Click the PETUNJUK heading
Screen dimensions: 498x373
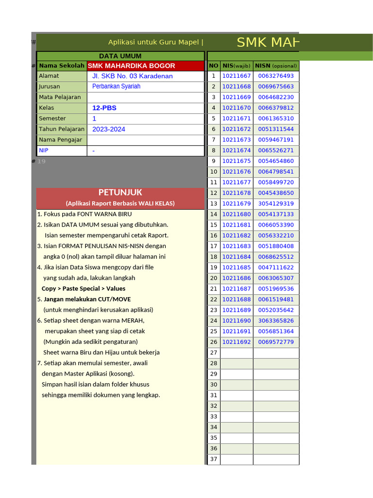pos(120,193)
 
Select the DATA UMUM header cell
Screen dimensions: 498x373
pos(120,56)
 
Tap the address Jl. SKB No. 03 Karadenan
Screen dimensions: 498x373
pos(132,76)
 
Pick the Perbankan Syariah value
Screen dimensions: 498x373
pos(116,86)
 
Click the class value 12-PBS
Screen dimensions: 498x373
pos(104,108)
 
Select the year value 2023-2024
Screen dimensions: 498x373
pos(108,129)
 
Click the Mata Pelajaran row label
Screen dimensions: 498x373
pos(60,97)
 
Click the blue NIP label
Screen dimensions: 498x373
pos(44,151)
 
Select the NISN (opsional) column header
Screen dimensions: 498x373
pos(276,66)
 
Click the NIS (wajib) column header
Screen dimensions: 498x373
pos(237,66)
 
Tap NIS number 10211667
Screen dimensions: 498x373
pos(237,76)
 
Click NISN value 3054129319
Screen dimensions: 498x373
pos(276,204)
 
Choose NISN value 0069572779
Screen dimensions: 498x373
pos(276,342)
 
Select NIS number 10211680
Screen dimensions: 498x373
pos(237,214)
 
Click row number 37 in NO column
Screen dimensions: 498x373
pos(214,459)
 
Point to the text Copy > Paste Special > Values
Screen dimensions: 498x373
pos(84,288)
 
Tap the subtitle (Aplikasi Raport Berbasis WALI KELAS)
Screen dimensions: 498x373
pos(120,203)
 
